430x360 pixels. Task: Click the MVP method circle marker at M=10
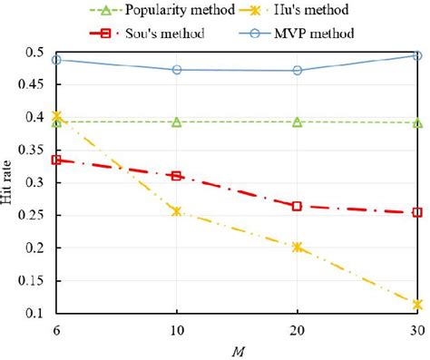pyautogui.click(x=177, y=70)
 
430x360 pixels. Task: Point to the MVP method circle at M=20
pyautogui.click(x=297, y=70)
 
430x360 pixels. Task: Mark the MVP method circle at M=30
pyautogui.click(x=417, y=55)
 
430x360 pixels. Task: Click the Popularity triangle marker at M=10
pyautogui.click(x=177, y=122)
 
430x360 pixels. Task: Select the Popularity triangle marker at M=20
pyautogui.click(x=297, y=122)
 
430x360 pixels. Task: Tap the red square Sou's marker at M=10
pyautogui.click(x=177, y=176)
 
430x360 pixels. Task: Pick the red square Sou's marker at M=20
pyautogui.click(x=297, y=206)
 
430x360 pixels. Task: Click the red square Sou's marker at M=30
pyautogui.click(x=417, y=212)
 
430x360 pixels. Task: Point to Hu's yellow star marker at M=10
pyautogui.click(x=177, y=211)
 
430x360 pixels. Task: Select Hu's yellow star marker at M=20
pyautogui.click(x=297, y=247)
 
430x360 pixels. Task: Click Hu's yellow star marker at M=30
pyautogui.click(x=417, y=305)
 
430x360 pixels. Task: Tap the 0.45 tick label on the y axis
pyautogui.click(x=33, y=84)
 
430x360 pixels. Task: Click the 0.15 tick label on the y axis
pyautogui.click(x=33, y=280)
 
